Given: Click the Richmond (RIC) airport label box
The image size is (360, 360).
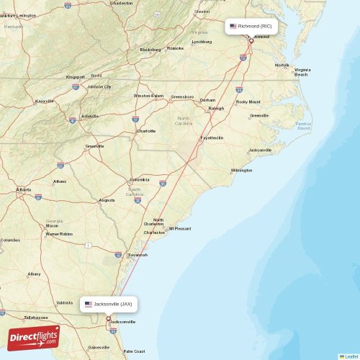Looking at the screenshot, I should [251, 26].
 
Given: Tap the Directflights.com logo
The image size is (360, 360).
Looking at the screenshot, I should [33, 337].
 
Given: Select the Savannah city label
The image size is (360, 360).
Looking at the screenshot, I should [138, 255].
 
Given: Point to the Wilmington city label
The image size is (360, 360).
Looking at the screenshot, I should [241, 171].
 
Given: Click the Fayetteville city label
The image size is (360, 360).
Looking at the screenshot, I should [212, 138].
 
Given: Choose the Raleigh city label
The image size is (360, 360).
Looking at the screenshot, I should [216, 108].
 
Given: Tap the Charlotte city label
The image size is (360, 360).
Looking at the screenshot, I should [146, 131].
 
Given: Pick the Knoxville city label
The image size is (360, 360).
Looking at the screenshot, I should [45, 101].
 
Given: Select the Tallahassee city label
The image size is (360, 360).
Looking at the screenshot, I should [35, 317].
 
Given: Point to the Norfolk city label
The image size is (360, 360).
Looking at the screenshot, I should [282, 65].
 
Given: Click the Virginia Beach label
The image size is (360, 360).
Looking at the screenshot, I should [301, 72].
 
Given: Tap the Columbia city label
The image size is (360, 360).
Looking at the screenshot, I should [140, 179].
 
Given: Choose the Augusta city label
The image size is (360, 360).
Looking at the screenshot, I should [107, 200].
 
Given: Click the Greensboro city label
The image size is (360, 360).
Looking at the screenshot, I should [182, 96].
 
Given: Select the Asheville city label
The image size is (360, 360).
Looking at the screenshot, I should [91, 116].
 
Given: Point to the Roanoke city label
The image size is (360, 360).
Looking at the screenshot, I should [176, 48].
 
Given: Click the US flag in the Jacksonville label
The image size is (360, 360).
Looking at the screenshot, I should [89, 304].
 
